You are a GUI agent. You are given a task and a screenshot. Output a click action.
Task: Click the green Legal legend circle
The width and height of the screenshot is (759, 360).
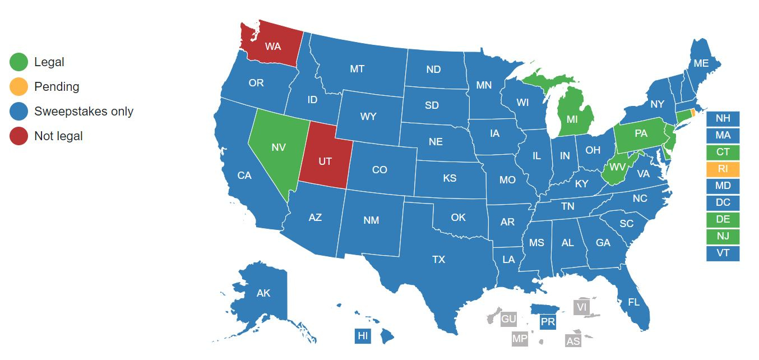coord(18,62)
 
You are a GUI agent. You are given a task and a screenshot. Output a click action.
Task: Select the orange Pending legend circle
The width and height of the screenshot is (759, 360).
coord(18,87)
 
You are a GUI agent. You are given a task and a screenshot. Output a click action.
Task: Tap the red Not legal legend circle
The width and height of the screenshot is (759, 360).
coord(18,136)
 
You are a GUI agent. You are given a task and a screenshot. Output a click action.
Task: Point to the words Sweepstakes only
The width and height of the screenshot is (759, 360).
coord(84,111)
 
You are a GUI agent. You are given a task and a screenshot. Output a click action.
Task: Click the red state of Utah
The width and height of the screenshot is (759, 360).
coord(325,161)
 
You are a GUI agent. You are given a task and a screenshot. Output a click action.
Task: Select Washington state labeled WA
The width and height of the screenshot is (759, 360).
coord(272,47)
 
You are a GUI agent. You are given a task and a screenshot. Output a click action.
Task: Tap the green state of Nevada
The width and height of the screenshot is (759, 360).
coord(278,147)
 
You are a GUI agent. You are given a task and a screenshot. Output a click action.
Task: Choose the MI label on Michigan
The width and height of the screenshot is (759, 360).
coord(572,119)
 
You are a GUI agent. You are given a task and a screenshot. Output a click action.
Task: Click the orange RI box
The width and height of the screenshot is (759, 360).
coord(723,169)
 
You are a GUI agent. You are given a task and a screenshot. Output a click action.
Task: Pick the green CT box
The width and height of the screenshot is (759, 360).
coord(723,152)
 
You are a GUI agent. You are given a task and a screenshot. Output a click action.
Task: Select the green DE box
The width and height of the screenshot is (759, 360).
coord(723,219)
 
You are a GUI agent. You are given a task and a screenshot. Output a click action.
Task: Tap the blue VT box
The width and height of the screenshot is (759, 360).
coord(723,253)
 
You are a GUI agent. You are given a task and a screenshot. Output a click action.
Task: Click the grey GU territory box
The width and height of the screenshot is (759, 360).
coord(508,319)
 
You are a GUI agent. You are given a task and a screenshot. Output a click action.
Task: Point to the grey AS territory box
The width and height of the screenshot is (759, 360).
coord(573,341)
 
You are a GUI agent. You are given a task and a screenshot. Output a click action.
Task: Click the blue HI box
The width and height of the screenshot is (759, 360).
coord(363,336)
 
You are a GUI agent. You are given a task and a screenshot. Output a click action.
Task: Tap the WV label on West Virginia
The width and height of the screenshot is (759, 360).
coord(618,167)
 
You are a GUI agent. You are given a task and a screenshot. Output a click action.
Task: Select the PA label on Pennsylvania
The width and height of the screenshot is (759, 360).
coord(641,134)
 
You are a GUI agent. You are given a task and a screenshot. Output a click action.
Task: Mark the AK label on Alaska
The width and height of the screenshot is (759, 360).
coord(263,293)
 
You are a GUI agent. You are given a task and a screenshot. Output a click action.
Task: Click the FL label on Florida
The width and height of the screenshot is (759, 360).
coord(633,302)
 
